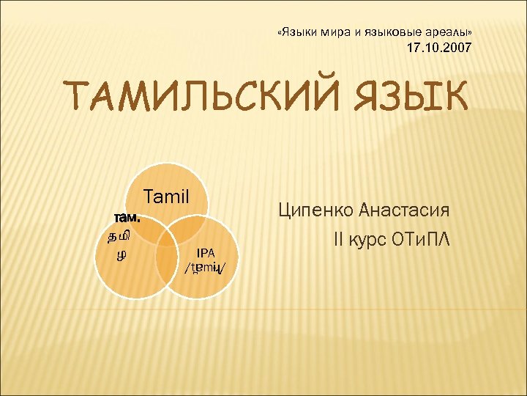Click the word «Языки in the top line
[297, 33]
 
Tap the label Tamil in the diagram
[167, 197]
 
